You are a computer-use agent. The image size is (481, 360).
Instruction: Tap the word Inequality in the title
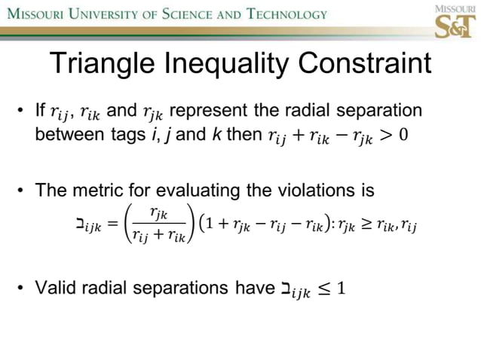(x=231, y=64)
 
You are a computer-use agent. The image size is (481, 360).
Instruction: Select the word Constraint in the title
(x=372, y=64)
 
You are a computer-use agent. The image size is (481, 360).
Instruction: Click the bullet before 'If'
(x=24, y=113)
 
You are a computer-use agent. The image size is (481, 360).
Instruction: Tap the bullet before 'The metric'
(x=24, y=191)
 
